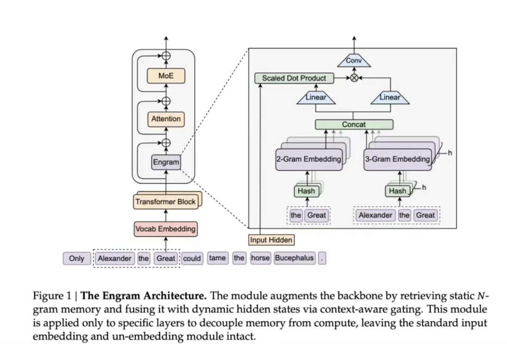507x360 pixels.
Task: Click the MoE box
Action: (x=166, y=76)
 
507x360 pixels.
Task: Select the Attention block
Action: (x=166, y=119)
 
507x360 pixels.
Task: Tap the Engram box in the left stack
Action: (x=166, y=162)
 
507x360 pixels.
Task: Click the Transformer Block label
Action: (x=166, y=202)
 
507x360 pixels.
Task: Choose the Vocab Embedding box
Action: (x=165, y=229)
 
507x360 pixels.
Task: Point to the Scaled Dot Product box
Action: (x=294, y=78)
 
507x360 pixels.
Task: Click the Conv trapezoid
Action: (x=354, y=61)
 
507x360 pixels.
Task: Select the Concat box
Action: (x=354, y=124)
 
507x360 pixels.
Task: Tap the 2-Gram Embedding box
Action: (x=309, y=159)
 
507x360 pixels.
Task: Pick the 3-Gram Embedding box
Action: (x=397, y=159)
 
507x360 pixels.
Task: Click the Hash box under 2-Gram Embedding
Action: (x=306, y=191)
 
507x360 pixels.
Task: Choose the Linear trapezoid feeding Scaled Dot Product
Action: (x=316, y=97)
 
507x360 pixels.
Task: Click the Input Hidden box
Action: (x=271, y=240)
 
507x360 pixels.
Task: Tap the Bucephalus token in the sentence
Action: (x=294, y=258)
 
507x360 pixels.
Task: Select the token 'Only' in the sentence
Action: (x=76, y=258)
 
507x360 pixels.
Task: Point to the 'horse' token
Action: (x=260, y=258)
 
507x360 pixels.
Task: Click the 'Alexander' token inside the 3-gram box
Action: (x=376, y=215)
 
